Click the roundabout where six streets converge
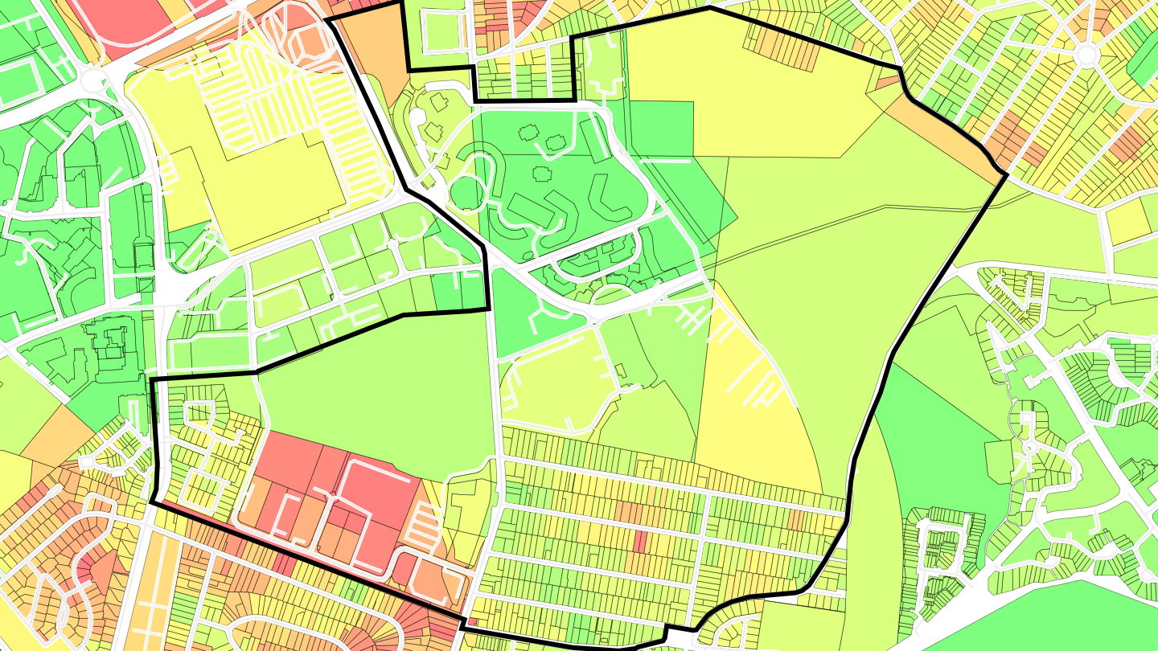click(1086, 55)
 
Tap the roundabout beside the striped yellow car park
click(94, 80)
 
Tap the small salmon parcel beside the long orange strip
click(886, 79)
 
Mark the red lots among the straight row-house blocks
click(640, 542)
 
